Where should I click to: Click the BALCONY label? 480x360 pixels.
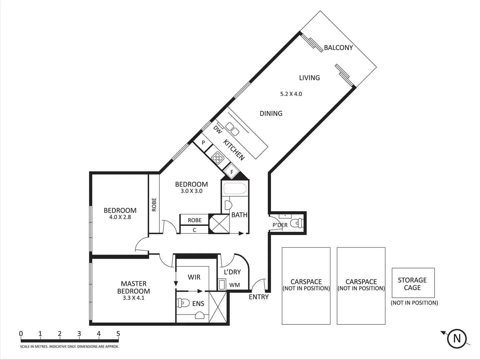[338, 48]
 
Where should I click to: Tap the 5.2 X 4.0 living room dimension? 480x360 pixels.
[291, 94]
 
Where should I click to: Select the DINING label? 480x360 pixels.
[271, 113]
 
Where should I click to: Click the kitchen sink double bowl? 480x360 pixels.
[233, 129]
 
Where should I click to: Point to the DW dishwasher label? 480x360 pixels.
[217, 129]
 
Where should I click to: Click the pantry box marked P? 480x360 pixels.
[203, 143]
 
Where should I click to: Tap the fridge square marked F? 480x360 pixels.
[232, 172]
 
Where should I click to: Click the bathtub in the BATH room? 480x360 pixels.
[235, 189]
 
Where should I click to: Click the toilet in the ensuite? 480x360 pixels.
[182, 303]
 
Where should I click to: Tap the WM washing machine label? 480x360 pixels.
[234, 285]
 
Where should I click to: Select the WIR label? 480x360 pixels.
[194, 277]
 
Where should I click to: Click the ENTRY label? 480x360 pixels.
[259, 297]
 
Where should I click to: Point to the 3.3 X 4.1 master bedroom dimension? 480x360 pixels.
[133, 298]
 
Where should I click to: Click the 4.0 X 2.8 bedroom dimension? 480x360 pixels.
[120, 217]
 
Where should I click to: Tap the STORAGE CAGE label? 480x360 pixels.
[412, 284]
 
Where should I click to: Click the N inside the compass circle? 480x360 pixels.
[457, 338]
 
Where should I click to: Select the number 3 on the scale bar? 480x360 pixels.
[79, 334]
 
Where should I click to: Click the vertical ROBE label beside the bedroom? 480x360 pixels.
[154, 204]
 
